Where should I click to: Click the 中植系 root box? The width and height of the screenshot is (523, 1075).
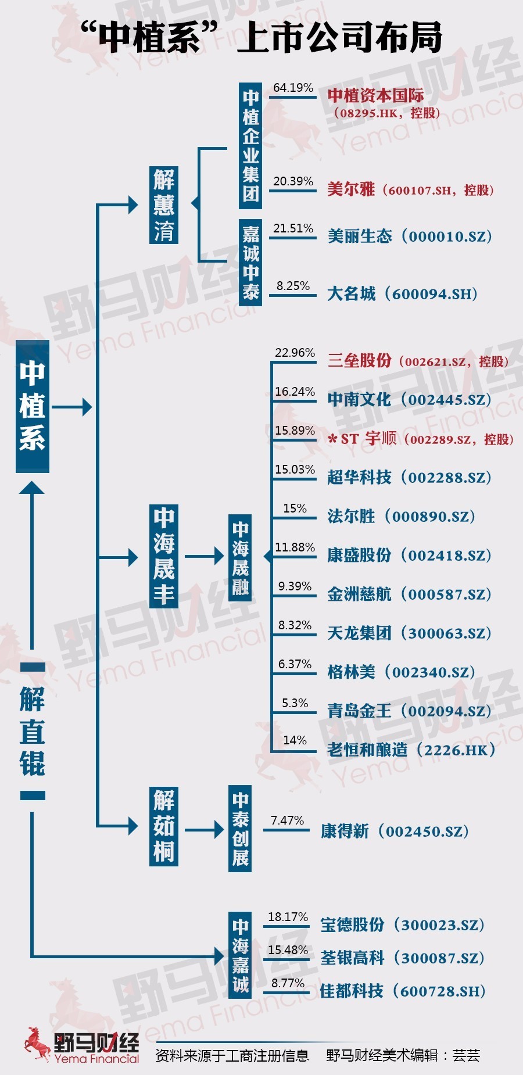(x=33, y=406)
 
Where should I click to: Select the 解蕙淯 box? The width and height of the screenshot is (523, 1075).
(x=164, y=205)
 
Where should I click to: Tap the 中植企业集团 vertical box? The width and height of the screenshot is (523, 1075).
(x=250, y=145)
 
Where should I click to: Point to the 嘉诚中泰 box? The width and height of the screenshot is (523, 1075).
(x=250, y=262)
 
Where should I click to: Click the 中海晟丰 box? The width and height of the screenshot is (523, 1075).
(x=164, y=557)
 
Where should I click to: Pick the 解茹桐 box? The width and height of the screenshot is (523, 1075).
(x=164, y=826)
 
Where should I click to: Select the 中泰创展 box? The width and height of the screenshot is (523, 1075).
(x=240, y=828)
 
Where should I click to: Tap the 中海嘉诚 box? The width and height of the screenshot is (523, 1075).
(x=240, y=955)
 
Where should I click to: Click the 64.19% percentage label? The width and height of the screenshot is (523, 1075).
(x=293, y=88)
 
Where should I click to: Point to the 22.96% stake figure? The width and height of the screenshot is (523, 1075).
(x=295, y=353)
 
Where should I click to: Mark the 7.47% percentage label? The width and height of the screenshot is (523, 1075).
(x=287, y=820)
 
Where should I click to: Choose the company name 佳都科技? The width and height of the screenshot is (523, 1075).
(x=352, y=991)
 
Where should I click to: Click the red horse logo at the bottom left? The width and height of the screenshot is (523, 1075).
(x=37, y=1044)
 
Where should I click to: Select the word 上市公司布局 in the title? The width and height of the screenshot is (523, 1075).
(x=339, y=37)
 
